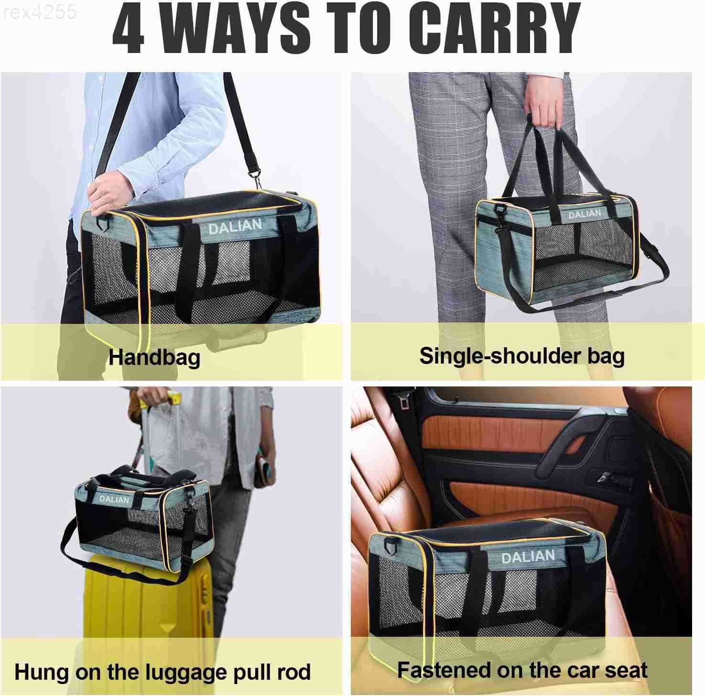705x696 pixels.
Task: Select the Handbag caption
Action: point(154,357)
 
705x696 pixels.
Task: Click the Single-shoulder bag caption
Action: point(521,356)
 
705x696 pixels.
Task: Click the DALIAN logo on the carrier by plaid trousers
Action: point(585,214)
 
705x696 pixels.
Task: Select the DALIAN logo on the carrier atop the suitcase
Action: point(114,499)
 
